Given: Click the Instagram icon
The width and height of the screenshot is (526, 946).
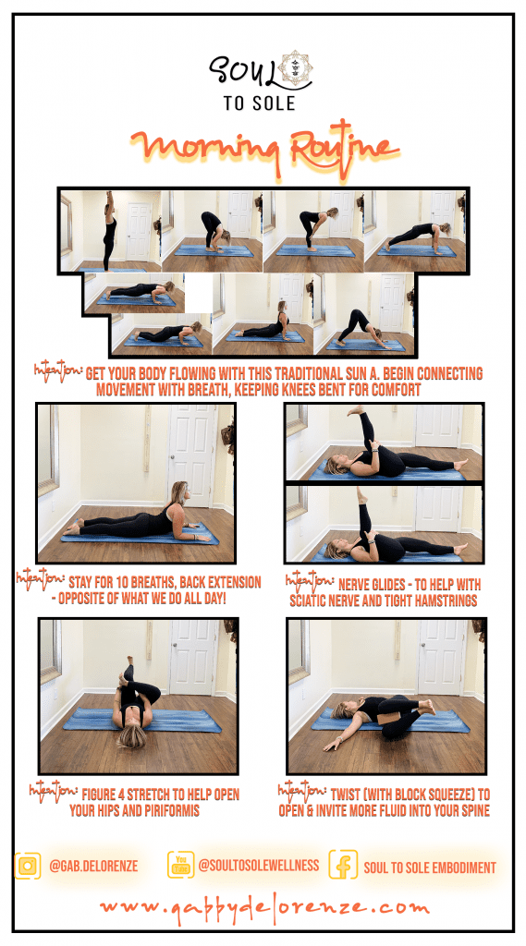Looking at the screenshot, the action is coord(28,866).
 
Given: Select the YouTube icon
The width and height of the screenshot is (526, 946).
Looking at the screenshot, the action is coord(180,865).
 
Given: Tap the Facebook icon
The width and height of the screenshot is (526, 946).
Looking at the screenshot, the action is coord(343,864).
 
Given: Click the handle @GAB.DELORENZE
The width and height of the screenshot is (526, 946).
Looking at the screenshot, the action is coord(93,867).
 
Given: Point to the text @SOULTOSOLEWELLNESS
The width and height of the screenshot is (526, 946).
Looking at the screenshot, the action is coord(259,865).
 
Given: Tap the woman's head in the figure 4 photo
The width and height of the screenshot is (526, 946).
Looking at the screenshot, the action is coord(131,734).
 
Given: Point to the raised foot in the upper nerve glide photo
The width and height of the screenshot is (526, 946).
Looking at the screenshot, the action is coord(356,410).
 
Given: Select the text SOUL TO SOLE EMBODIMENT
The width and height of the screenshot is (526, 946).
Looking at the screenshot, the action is coord(429,867).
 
